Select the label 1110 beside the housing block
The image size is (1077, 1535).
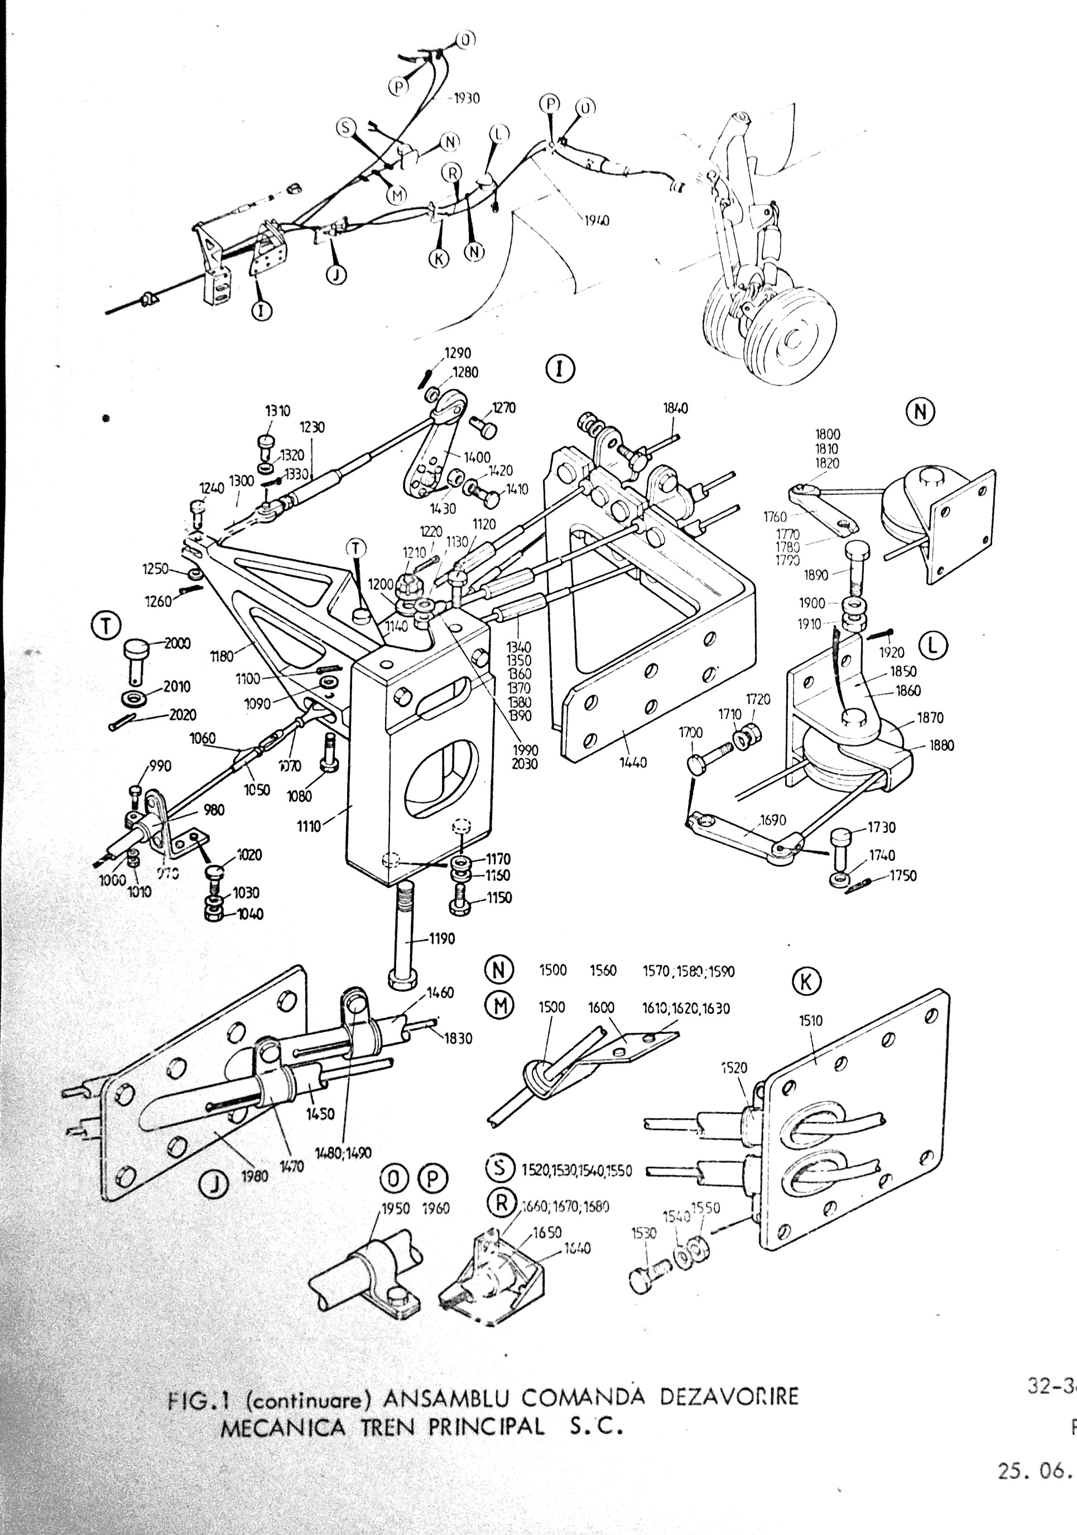(310, 826)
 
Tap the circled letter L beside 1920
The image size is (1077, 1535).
(933, 644)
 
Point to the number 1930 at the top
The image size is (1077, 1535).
(467, 98)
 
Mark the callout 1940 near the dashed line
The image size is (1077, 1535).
(597, 220)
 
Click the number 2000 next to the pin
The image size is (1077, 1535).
(177, 643)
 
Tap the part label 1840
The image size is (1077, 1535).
(675, 408)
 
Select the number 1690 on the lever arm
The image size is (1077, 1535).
(773, 820)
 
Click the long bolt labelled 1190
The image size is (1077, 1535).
(403, 936)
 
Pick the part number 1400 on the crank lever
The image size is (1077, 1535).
(477, 458)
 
